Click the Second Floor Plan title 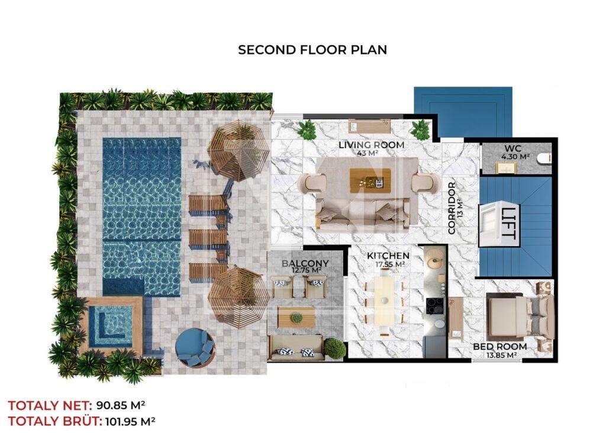312,50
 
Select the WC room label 513,148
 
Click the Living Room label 372,145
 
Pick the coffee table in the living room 366,180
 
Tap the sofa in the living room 363,215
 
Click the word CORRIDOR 452,208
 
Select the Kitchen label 388,256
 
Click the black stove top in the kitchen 434,306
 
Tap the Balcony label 305,263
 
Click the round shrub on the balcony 334,348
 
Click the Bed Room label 499,347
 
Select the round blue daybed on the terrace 195,347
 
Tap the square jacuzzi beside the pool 111,327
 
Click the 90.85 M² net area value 121,406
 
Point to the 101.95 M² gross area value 130,421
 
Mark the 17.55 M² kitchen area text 390,264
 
